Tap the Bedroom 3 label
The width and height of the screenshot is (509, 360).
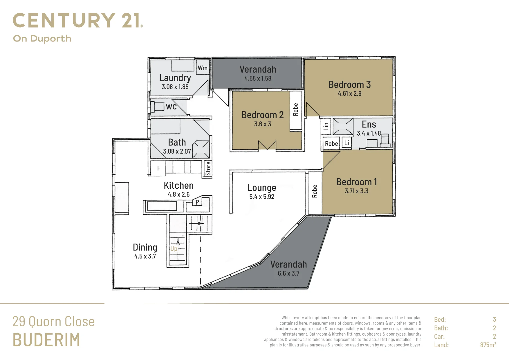(x=349, y=84)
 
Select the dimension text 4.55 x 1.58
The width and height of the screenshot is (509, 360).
(x=258, y=78)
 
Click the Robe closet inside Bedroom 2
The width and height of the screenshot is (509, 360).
(x=296, y=110)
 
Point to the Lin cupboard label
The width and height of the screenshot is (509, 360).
(x=326, y=126)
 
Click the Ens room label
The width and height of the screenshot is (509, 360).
(x=369, y=124)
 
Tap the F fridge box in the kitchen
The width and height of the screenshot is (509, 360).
(x=158, y=168)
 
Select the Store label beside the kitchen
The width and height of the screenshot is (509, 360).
(x=208, y=169)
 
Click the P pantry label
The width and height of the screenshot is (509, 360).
(x=197, y=202)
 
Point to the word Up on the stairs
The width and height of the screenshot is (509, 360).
(x=174, y=249)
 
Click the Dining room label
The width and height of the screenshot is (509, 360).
(x=145, y=247)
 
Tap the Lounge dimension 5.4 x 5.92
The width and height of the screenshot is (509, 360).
(x=261, y=197)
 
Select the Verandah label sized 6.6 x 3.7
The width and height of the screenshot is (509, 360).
(x=288, y=264)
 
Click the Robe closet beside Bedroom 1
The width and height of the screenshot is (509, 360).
(x=315, y=193)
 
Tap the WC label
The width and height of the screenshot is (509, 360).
(x=171, y=107)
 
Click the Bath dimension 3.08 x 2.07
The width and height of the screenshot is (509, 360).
(x=177, y=151)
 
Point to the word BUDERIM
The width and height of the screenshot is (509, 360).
(x=46, y=340)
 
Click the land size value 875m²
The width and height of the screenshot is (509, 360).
(x=488, y=345)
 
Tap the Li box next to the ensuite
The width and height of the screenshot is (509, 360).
(x=346, y=143)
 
